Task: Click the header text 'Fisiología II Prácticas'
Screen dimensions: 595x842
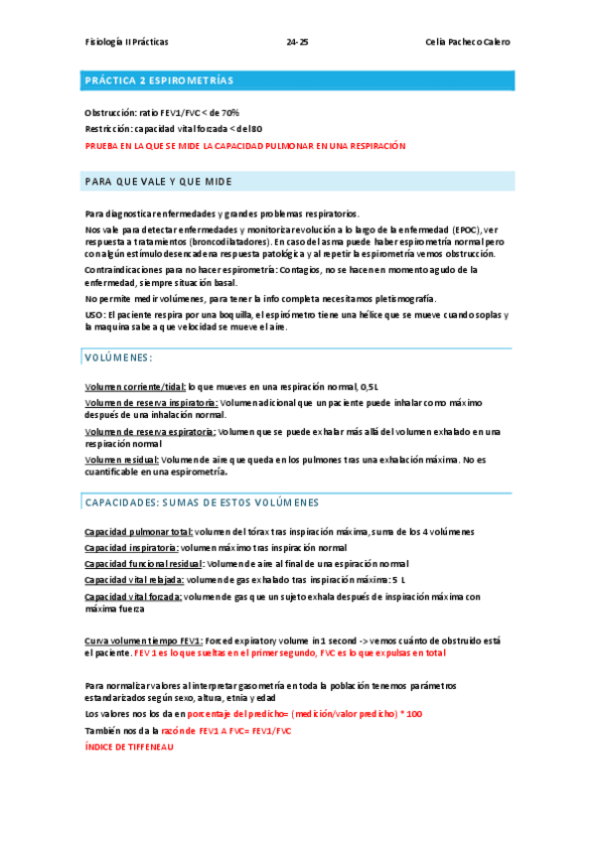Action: (126, 43)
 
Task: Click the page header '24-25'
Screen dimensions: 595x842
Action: (297, 43)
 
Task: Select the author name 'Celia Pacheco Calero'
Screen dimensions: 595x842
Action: (467, 43)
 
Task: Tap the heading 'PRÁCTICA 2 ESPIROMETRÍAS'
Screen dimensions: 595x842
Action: (159, 79)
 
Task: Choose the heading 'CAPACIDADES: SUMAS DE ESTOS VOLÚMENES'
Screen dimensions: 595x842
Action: (202, 503)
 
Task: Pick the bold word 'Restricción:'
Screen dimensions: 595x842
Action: (107, 129)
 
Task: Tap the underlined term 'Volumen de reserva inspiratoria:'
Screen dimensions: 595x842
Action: (151, 402)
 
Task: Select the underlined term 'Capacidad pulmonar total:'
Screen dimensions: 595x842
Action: (139, 532)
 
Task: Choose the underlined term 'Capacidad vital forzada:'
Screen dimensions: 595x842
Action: (133, 596)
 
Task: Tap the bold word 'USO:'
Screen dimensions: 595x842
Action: (97, 315)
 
